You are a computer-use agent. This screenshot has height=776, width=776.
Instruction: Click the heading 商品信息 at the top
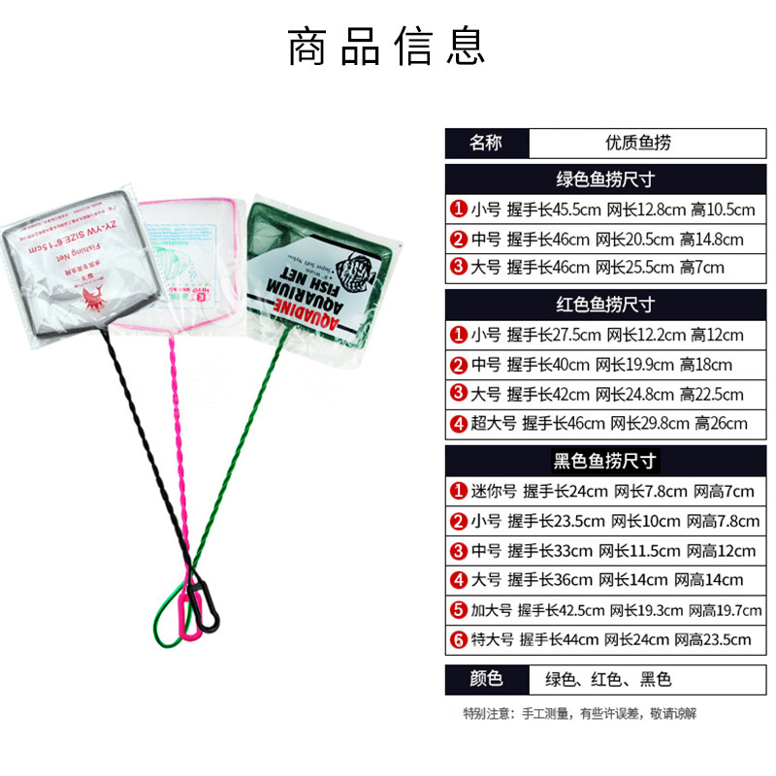tap(387, 48)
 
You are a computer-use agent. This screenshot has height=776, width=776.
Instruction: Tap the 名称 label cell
tap(486, 143)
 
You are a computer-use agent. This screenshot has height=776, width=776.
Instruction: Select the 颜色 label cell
tap(486, 679)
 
